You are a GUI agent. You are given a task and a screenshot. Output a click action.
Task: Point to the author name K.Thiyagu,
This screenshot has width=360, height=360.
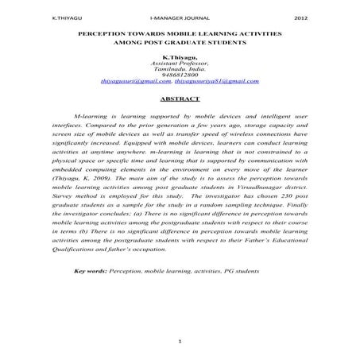tap(180, 58)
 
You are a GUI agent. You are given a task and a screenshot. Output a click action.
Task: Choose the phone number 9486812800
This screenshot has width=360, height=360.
tap(179, 75)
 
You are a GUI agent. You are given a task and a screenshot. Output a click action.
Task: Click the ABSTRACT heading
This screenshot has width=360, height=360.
tap(179, 99)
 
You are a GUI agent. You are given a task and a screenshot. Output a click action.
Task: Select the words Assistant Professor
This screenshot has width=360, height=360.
tap(179, 64)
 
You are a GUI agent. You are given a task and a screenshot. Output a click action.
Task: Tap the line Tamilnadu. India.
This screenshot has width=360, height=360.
tap(179, 69)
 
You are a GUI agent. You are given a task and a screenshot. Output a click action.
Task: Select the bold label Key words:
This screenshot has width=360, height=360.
tap(91, 271)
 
